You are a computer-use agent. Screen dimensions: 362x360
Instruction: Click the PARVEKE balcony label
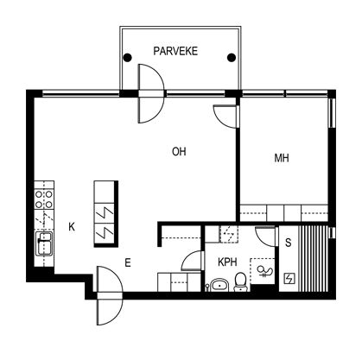(x=175, y=51)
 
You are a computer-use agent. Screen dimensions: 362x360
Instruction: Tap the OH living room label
(x=179, y=152)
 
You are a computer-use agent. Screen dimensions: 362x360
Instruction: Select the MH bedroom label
(x=282, y=158)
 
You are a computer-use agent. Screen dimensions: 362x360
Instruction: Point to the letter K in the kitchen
(x=72, y=227)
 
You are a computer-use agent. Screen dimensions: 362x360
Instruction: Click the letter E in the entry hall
(x=128, y=262)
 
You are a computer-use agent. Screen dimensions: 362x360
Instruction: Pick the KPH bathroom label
(x=227, y=262)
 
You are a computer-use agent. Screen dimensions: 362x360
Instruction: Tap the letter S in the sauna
(x=288, y=243)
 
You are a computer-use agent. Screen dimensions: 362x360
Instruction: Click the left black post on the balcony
(x=127, y=58)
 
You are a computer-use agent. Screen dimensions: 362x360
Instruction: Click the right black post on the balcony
(x=232, y=58)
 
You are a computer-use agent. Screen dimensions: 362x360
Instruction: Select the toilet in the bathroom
(x=240, y=281)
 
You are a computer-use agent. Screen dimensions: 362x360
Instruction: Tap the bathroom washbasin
(x=219, y=285)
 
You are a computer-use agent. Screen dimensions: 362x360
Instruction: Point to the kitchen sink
(x=44, y=243)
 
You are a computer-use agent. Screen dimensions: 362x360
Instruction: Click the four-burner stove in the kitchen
(x=44, y=199)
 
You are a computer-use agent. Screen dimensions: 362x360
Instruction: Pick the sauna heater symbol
(x=289, y=278)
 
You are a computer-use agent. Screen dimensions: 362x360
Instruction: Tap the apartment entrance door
(x=110, y=295)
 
